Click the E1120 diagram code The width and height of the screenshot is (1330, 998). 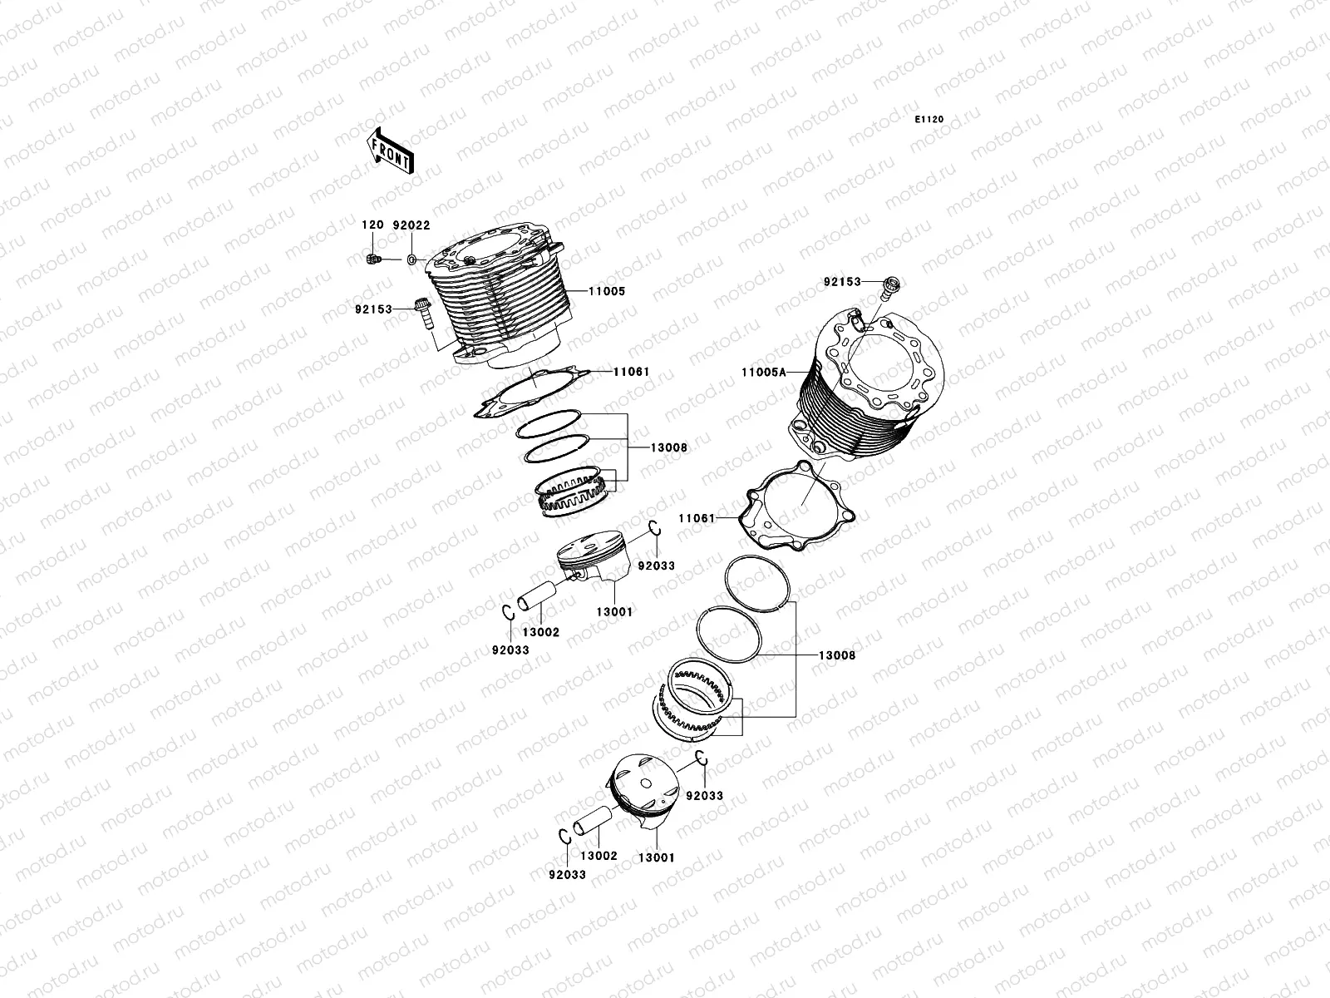[929, 120]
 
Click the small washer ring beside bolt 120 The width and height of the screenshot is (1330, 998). [411, 260]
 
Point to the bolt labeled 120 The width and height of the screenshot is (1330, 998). [372, 259]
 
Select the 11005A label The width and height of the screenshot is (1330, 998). [762, 373]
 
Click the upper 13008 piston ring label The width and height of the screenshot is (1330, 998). [669, 447]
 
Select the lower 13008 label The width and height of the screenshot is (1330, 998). [837, 655]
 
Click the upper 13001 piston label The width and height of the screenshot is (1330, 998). [614, 611]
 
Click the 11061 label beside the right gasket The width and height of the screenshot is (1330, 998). [697, 518]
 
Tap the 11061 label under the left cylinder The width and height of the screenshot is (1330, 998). [631, 372]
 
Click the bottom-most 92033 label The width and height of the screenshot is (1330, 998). [567, 874]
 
